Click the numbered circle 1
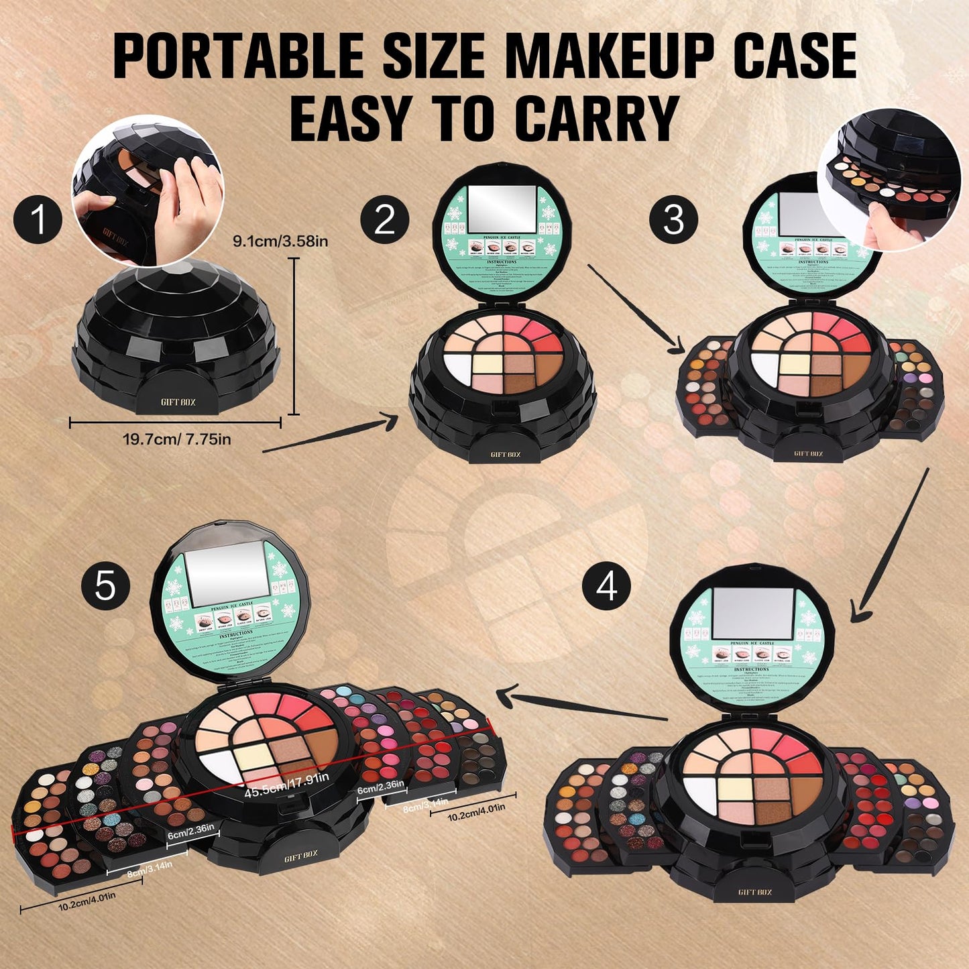pyautogui.click(x=38, y=220)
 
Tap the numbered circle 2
pyautogui.click(x=384, y=220)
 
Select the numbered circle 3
pyautogui.click(x=673, y=220)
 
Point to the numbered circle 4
pyautogui.click(x=606, y=587)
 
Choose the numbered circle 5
pyautogui.click(x=105, y=587)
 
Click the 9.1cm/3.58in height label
pyautogui.click(x=280, y=241)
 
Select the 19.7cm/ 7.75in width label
pyautogui.click(x=177, y=440)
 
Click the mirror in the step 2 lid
pyautogui.click(x=502, y=209)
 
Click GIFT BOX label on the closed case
pyautogui.click(x=178, y=402)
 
